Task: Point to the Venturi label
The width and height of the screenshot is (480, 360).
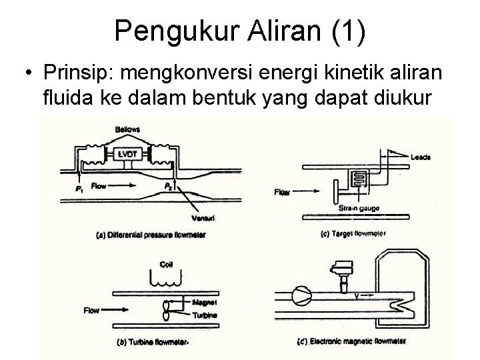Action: pyautogui.click(x=180, y=218)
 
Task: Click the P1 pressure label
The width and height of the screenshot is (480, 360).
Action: pyautogui.click(x=79, y=188)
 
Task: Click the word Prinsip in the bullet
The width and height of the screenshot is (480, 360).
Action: pyautogui.click(x=70, y=71)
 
